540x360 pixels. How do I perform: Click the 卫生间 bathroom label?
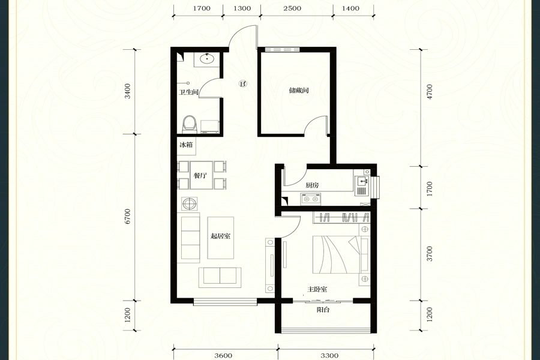point(189,92)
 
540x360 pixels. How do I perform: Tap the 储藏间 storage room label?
point(299,91)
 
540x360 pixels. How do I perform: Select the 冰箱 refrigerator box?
point(187,145)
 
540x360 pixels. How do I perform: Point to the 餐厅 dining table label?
point(200,175)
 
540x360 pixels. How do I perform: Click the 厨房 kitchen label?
point(313,185)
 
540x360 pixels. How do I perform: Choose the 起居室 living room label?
point(220,236)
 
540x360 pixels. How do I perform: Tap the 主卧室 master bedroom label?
point(317,289)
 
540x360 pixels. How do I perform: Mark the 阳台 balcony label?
point(323,310)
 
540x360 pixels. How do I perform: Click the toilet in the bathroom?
point(190,124)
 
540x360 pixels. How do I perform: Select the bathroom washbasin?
point(207,59)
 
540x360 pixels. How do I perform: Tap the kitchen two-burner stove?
point(311,199)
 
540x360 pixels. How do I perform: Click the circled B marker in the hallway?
point(243,83)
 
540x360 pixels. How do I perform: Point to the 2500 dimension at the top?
point(292,8)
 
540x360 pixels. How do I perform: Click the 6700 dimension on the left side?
point(128,217)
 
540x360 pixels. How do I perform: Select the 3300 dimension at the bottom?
point(329,356)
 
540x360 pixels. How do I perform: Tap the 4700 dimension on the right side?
point(429,92)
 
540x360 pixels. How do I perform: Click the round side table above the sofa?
point(190,203)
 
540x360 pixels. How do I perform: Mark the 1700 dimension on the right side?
point(429,189)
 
